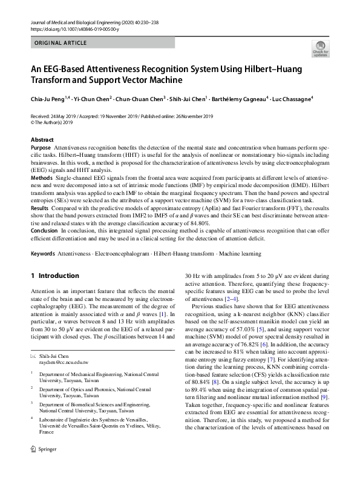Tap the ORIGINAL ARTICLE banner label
(61, 44)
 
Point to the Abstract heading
(42, 140)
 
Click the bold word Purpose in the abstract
(41, 148)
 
